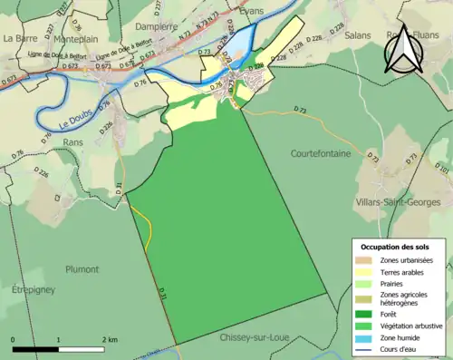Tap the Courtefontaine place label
pos(321,154)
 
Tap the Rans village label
pos(73,142)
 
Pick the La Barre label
pos(19,39)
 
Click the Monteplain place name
pos(80,40)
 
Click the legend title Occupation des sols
pos(396,246)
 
